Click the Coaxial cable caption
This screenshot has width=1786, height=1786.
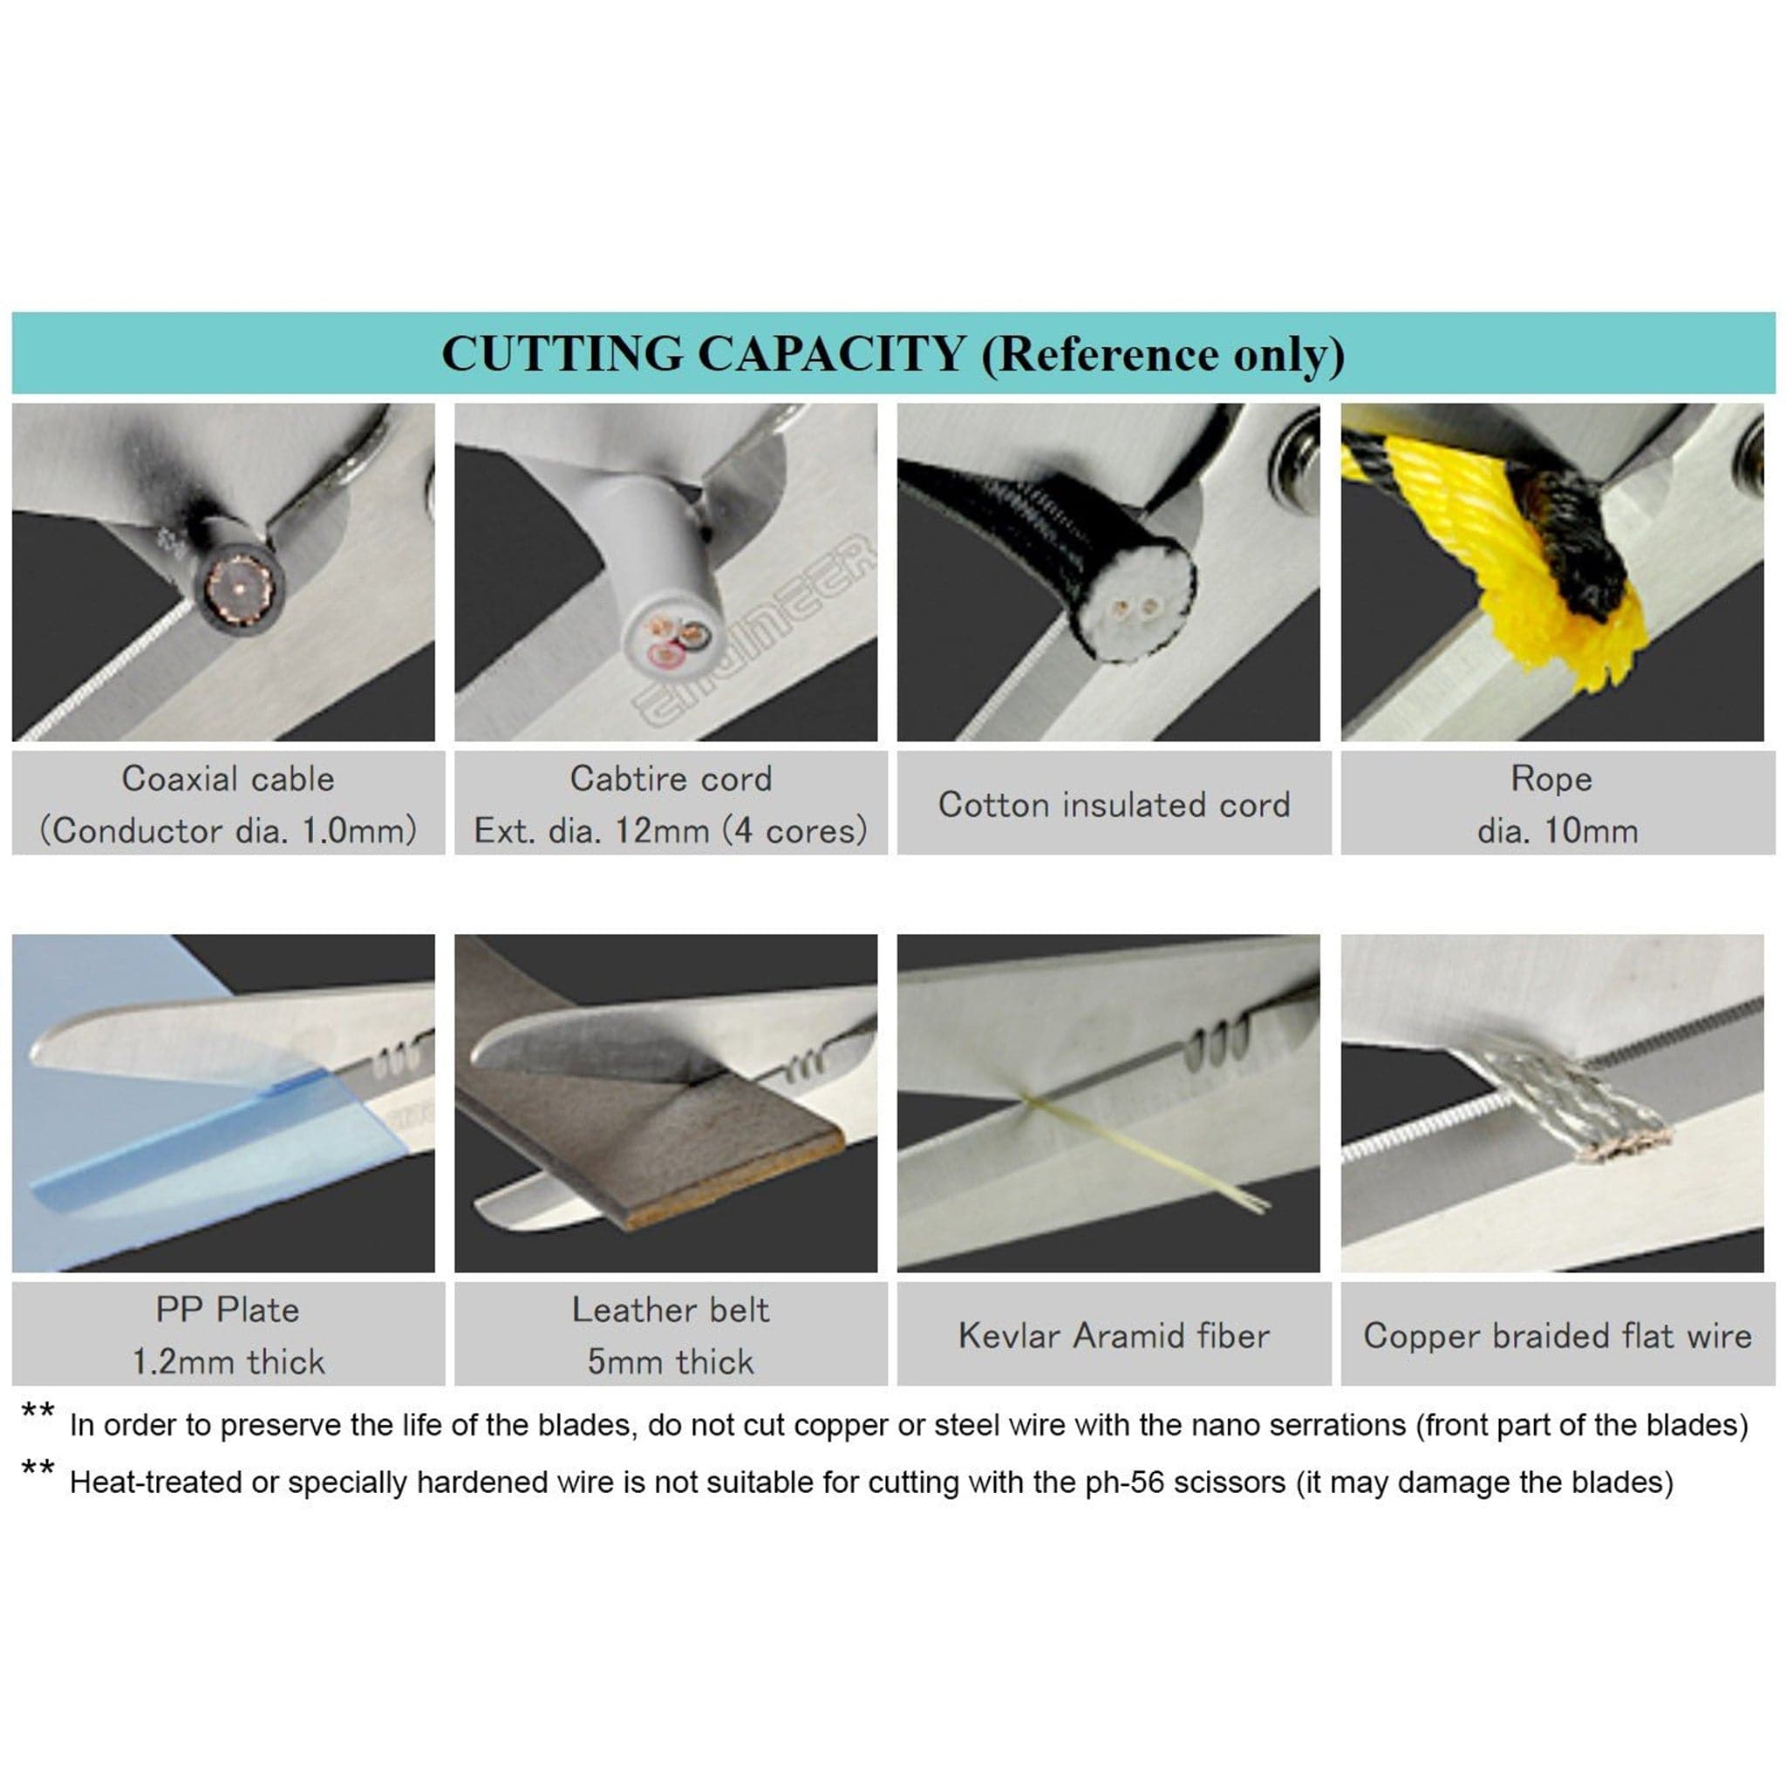(228, 804)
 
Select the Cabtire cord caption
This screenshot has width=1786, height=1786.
(671, 804)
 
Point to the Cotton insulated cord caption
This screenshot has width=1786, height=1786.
(1114, 805)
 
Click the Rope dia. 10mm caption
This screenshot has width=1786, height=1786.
(1557, 804)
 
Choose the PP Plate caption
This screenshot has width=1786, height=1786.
(228, 1336)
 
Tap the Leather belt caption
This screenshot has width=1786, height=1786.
(671, 1336)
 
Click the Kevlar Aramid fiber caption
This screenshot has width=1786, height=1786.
(1114, 1336)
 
